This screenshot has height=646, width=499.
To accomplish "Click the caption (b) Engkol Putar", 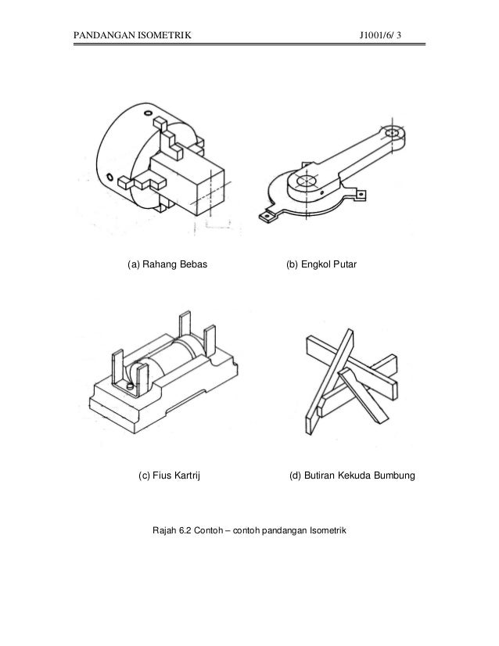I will [321, 266].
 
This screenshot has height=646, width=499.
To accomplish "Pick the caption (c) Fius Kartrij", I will [169, 475].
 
